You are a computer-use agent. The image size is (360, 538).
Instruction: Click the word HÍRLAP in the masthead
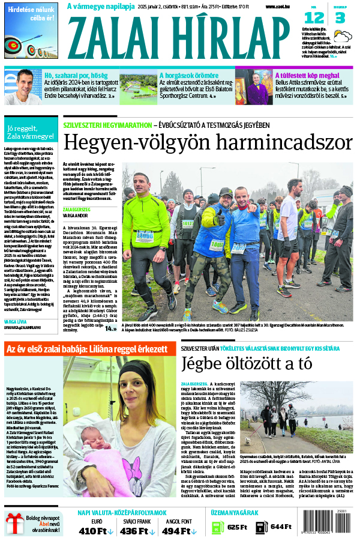(229, 37)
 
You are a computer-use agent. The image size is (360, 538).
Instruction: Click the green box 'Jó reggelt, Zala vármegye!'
(30, 131)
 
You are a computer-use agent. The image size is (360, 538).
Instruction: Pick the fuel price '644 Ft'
(280, 527)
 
